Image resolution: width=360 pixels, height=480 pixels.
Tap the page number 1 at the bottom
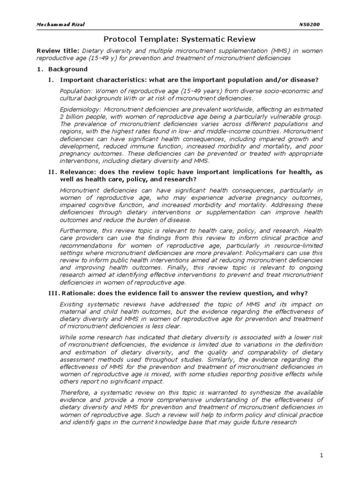(x=322, y=455)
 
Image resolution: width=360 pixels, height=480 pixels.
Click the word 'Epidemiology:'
(x=80, y=109)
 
